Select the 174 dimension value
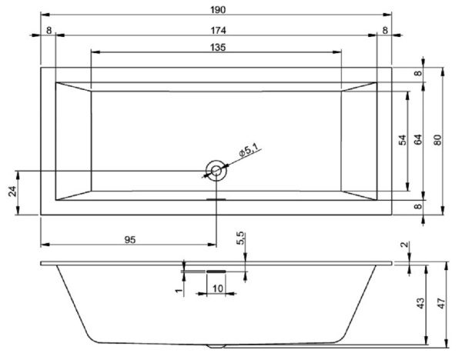click(x=216, y=29)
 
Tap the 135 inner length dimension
click(x=217, y=47)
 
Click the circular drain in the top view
click(x=216, y=170)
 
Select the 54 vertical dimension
click(x=401, y=140)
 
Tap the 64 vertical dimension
click(x=417, y=140)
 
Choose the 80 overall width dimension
click(x=437, y=140)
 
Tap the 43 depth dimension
click(x=420, y=305)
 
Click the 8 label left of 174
click(x=49, y=29)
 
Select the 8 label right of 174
click(x=384, y=29)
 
